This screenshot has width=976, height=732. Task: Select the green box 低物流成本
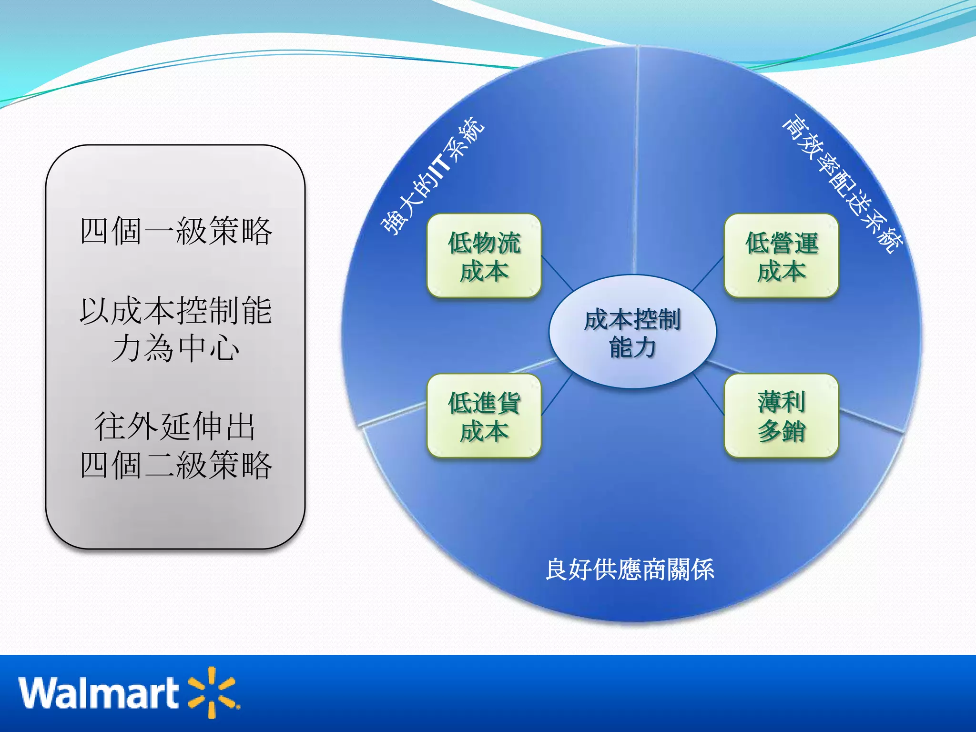coord(484,256)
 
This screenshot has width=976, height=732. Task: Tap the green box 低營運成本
coord(781,256)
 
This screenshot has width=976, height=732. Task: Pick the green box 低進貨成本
coord(484,416)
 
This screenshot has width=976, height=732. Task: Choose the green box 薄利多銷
coord(781,416)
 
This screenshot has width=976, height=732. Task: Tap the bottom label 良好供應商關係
coord(630,569)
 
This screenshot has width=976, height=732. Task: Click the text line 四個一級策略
coord(176,231)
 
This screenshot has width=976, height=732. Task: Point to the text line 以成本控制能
coord(176,311)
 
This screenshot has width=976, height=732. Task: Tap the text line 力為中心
coord(176,348)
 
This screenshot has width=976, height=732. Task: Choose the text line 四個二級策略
coord(176,465)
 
